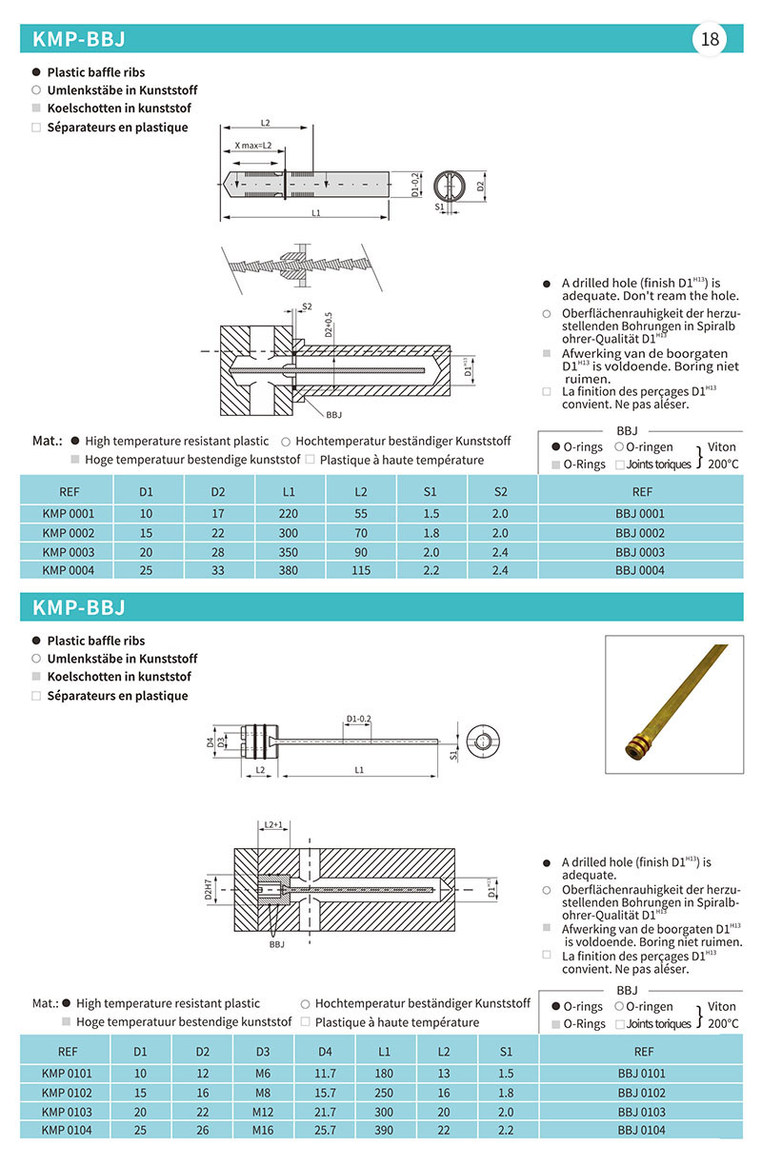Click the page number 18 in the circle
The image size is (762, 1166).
(711, 39)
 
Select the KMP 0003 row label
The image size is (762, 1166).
(69, 551)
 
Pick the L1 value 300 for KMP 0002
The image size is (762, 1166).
(290, 532)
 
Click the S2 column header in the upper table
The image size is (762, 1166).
(502, 492)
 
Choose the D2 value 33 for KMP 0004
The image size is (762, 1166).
(218, 570)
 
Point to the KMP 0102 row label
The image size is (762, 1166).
(68, 1092)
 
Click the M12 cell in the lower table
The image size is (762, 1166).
(263, 1111)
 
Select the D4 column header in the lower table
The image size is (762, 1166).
(325, 1052)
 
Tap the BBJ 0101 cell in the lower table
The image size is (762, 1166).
(641, 1073)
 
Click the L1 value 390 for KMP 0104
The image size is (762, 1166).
(385, 1130)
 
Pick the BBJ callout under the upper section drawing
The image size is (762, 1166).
(333, 415)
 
